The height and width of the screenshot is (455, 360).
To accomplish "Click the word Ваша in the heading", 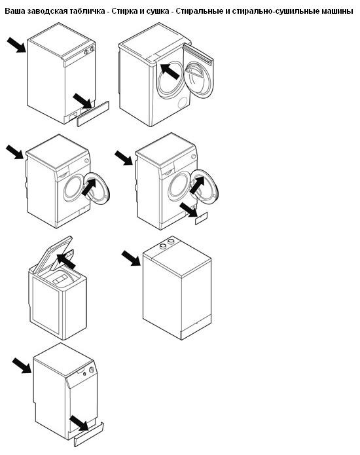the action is pyautogui.click(x=14, y=11).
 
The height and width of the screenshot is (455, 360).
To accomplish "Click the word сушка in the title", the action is pyautogui.click(x=157, y=11).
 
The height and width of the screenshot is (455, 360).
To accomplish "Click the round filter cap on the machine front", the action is pyautogui.click(x=183, y=102).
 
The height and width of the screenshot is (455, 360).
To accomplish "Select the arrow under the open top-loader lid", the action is pyautogui.click(x=66, y=261).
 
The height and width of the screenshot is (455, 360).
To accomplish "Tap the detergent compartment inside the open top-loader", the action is pyautogui.click(x=60, y=280).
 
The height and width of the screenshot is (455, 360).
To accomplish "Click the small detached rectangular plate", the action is pyautogui.click(x=202, y=218).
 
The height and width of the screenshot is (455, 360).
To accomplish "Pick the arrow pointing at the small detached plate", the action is pyautogui.click(x=189, y=209).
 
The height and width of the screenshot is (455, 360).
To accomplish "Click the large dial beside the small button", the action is pyautogui.click(x=92, y=370).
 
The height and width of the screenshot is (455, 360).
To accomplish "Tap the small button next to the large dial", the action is pyautogui.click(x=84, y=374).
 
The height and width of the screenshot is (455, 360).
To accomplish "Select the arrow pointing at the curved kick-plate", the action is pyautogui.click(x=79, y=422).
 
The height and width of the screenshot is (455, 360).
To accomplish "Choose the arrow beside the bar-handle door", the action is pyautogui.click(x=170, y=71).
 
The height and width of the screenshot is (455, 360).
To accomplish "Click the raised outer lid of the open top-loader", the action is pyautogui.click(x=52, y=255).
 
